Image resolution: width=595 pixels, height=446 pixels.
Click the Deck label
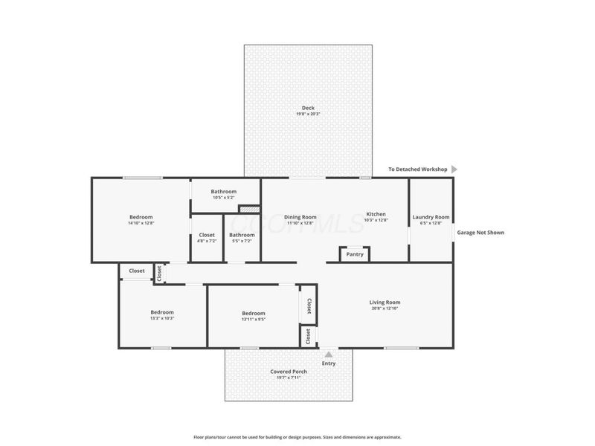[308, 108]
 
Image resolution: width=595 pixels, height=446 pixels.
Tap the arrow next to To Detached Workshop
[454, 169]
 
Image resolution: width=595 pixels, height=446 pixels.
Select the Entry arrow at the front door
[328, 355]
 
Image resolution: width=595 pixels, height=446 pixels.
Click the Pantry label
[355, 254]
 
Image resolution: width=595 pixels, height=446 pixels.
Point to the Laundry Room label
[431, 217]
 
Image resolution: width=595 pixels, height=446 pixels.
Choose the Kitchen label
[376, 214]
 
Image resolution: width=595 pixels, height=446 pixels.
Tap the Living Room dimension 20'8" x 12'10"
[385, 309]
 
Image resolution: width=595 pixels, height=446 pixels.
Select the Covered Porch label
[289, 372]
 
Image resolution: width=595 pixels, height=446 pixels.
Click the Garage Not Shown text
[480, 233]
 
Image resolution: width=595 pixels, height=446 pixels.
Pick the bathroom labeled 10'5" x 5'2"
[223, 192]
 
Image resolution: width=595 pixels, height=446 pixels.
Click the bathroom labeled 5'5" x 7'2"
[242, 236]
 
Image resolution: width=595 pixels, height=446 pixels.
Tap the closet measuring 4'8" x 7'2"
[207, 236]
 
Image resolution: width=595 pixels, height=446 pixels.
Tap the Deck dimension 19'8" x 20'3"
[308, 114]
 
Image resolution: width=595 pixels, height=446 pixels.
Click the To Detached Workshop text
[417, 169]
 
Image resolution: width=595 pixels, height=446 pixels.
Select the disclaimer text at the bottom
[297, 437]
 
